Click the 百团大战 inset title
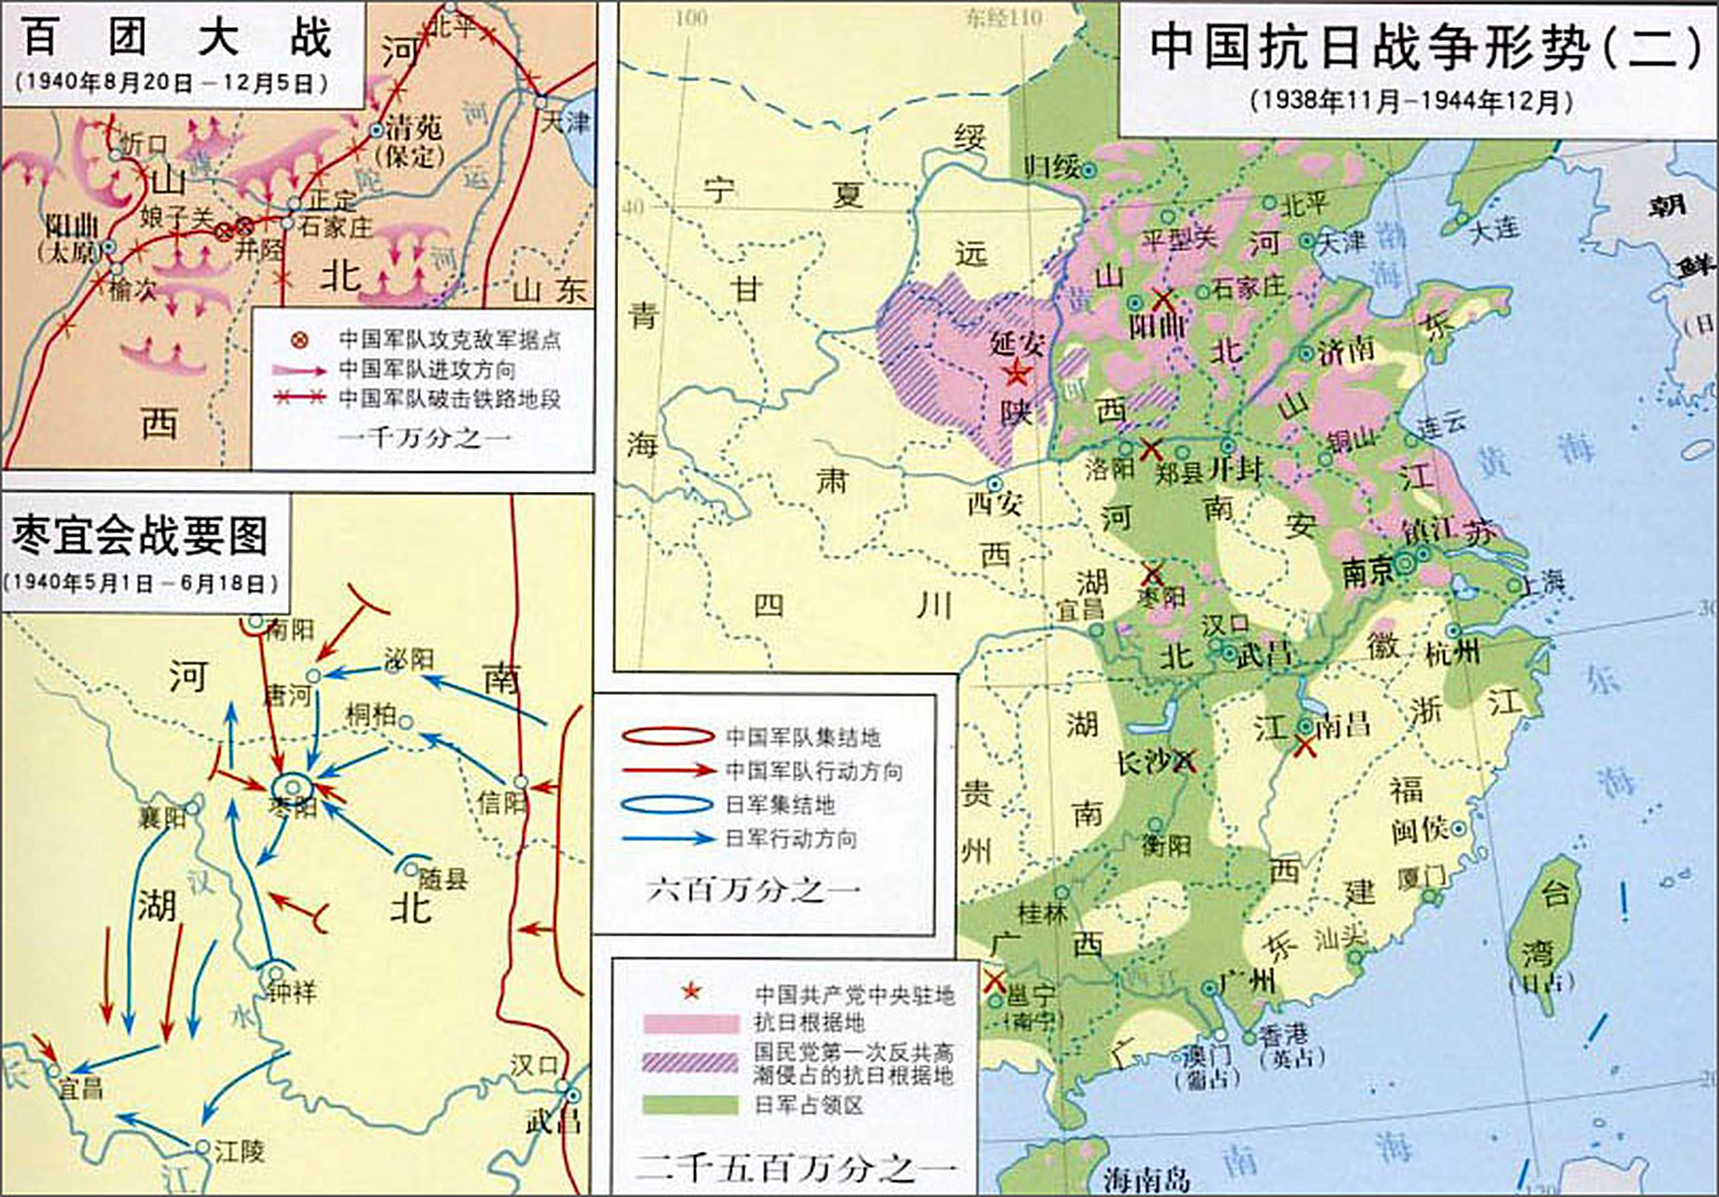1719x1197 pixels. (x=178, y=39)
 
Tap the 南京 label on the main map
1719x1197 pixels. (x=1367, y=572)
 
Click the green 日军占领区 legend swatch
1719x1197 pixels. (x=689, y=1104)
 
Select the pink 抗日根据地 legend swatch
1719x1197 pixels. (x=689, y=1022)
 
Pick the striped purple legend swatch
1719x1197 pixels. (x=689, y=1063)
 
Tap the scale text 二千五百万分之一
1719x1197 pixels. (x=795, y=1168)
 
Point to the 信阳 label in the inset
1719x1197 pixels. (x=500, y=802)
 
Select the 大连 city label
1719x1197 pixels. (x=1495, y=229)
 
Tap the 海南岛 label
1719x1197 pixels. (x=1146, y=1179)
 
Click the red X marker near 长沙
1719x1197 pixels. (x=1184, y=761)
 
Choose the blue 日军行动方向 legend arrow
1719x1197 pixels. (x=669, y=839)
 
